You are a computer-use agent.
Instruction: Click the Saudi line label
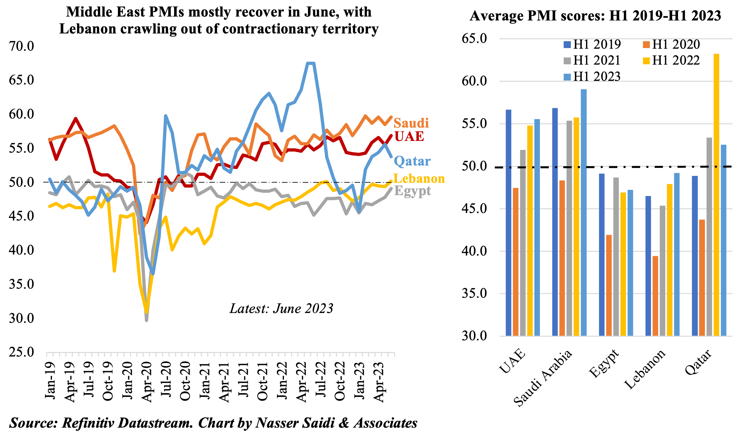[x=411, y=123]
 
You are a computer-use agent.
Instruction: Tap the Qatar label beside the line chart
[x=412, y=161]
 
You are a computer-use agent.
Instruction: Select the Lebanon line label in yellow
[x=419, y=179]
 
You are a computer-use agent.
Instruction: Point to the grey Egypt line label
[x=412, y=191]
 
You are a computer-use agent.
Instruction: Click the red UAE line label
[x=409, y=136]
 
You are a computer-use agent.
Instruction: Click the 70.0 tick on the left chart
[x=21, y=46]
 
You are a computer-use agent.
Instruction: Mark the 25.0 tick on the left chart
[x=21, y=352]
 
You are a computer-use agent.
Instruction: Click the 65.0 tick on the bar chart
[x=474, y=38]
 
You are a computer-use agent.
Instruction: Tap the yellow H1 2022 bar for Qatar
[x=716, y=195]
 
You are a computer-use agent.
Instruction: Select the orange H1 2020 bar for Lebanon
[x=655, y=296]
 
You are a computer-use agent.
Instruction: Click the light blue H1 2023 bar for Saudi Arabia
[x=584, y=212]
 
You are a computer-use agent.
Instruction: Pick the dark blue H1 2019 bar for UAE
[x=508, y=223]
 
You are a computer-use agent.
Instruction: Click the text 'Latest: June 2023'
[x=281, y=308]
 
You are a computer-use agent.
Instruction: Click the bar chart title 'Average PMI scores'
[x=595, y=16]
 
